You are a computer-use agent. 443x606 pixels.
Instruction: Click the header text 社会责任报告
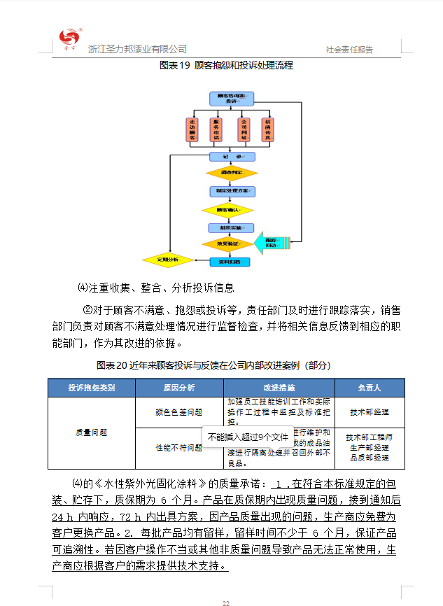[349, 50]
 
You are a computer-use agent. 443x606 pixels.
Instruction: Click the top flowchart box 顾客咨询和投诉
[231, 98]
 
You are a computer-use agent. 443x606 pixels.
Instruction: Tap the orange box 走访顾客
[193, 129]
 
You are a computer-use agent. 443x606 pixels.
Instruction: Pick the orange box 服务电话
[217, 129]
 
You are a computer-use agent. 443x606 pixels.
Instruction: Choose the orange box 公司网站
[244, 129]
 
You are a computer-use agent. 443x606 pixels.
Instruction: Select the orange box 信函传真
[267, 129]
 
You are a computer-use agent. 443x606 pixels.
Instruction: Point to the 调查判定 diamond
[231, 172]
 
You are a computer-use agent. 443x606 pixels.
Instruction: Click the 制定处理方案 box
[231, 190]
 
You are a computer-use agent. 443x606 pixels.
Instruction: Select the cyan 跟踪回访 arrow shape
[271, 241]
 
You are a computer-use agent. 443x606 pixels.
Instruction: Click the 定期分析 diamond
[168, 260]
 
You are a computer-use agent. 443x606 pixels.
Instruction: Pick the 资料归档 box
[230, 262]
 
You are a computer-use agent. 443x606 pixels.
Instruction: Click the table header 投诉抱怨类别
[91, 388]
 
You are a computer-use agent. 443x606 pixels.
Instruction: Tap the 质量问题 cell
[91, 432]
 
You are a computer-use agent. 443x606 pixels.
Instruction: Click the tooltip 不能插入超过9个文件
[248, 437]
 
